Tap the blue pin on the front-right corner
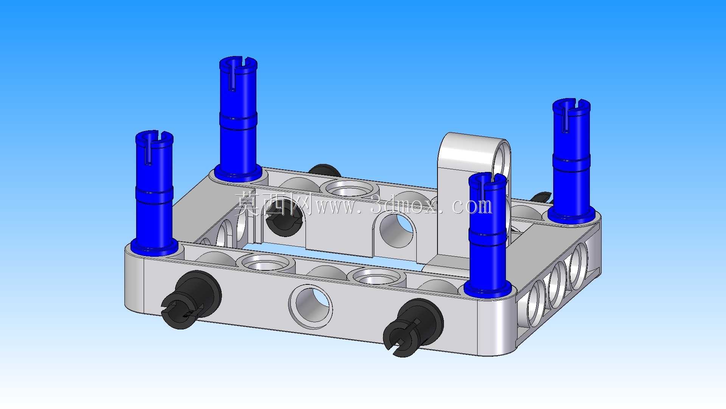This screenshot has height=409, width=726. [487, 235]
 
